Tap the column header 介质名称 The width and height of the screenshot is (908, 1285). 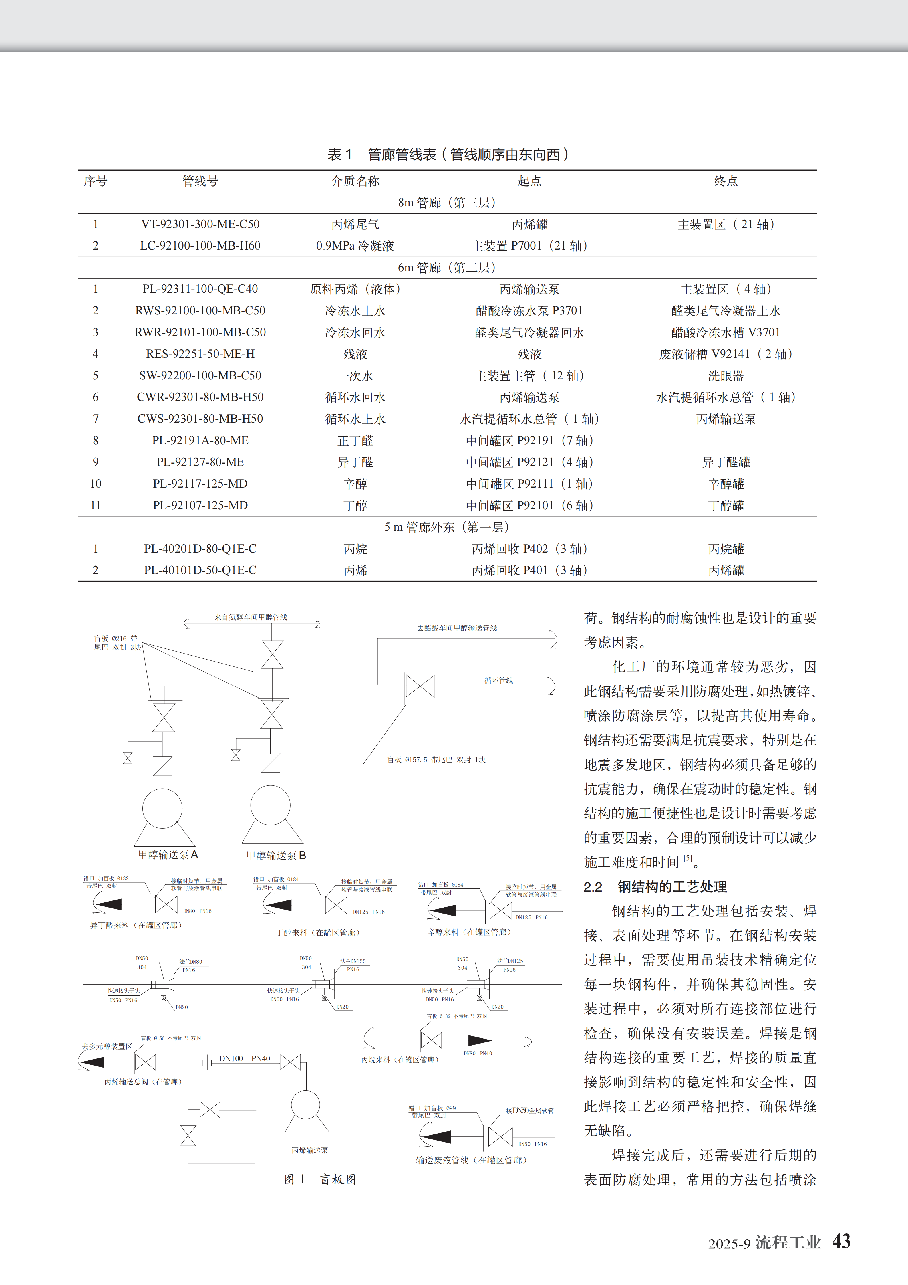(x=355, y=181)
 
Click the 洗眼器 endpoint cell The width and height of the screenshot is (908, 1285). (x=726, y=375)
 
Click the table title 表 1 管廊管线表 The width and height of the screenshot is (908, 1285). (x=448, y=155)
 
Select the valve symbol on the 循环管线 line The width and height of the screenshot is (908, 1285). (x=420, y=686)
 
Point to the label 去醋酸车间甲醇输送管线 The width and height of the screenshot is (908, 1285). (x=456, y=628)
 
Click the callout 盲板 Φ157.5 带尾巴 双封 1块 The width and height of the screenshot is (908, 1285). (x=436, y=759)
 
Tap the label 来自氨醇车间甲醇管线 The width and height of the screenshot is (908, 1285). (x=251, y=617)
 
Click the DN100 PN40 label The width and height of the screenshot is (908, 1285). (x=245, y=1058)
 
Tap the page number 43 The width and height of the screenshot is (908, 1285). (x=841, y=1241)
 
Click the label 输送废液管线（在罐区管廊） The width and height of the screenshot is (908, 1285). (x=471, y=1160)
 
